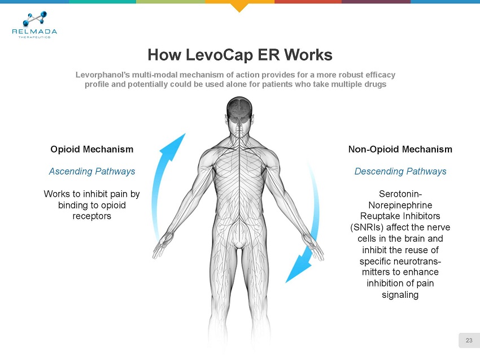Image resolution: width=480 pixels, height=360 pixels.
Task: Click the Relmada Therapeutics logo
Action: point(34,25)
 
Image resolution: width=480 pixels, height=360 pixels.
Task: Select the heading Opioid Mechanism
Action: point(92,149)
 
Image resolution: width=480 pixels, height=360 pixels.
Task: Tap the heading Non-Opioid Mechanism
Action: point(400,149)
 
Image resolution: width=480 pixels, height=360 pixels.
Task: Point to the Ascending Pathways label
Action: point(92,171)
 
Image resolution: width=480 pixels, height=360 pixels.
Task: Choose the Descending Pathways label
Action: point(400,171)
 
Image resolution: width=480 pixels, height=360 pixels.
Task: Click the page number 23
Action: point(469,340)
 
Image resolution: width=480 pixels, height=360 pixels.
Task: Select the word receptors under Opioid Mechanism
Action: point(92,216)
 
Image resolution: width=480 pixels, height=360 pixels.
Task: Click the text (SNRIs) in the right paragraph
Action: point(370,227)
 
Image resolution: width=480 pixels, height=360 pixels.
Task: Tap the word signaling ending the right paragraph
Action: point(400,294)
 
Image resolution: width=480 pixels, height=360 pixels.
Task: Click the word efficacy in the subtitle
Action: point(378,75)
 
